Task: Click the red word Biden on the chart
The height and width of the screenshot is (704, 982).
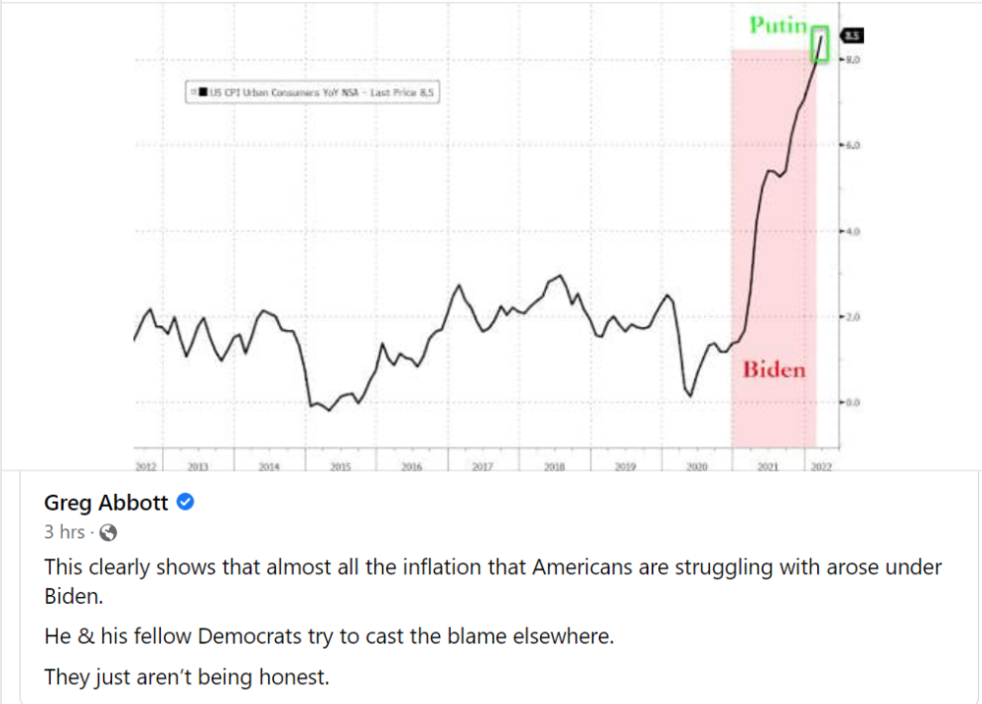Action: [774, 369]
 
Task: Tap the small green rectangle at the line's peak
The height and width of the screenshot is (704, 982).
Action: [821, 44]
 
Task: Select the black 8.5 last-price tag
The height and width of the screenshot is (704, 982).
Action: [851, 36]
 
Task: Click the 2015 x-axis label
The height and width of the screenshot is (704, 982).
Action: [340, 467]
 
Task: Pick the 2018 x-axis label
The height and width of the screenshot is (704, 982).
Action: [554, 467]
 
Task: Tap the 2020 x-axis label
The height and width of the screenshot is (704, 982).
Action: [696, 467]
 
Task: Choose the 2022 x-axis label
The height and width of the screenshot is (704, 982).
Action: [821, 467]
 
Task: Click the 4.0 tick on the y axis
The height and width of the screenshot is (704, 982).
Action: [850, 232]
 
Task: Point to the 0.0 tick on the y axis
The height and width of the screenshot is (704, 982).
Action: [850, 403]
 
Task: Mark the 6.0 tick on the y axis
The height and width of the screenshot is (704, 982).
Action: [850, 145]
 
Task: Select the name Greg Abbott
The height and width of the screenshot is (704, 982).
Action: [106, 504]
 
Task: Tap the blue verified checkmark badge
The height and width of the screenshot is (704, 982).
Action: [184, 504]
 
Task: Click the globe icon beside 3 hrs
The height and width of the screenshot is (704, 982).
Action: [109, 533]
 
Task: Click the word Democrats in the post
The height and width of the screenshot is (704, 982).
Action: [240, 635]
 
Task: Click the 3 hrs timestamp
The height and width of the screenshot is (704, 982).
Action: [66, 533]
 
